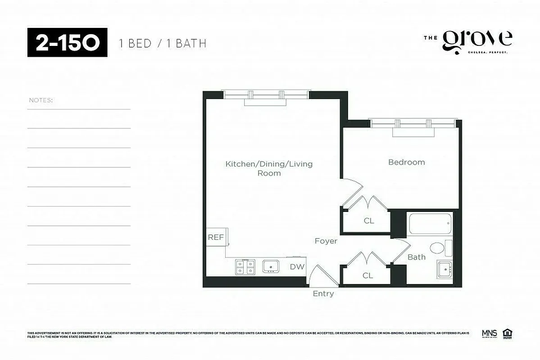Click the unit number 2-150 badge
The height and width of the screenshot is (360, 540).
(x=67, y=43)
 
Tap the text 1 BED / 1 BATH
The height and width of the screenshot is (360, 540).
(x=163, y=44)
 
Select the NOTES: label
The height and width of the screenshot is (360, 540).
(x=41, y=100)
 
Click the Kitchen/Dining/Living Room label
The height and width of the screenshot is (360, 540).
(x=269, y=168)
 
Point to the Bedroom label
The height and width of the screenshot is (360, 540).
(x=406, y=162)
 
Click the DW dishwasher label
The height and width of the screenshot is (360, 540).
(x=297, y=267)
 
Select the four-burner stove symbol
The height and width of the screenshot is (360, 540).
(x=245, y=267)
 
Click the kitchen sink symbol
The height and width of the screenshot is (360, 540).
(x=271, y=266)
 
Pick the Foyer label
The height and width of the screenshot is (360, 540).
(x=326, y=241)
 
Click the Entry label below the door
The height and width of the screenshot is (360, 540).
(x=323, y=294)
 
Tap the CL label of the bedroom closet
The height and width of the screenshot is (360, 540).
(x=369, y=221)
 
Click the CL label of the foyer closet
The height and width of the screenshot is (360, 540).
(x=368, y=275)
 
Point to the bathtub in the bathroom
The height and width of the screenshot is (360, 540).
(x=430, y=224)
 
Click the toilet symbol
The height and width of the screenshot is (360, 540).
(x=437, y=248)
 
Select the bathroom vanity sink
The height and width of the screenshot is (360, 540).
(x=445, y=270)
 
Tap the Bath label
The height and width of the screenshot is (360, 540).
(x=416, y=257)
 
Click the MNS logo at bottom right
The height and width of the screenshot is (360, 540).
(x=489, y=333)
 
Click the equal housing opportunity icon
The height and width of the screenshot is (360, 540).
(x=508, y=333)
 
